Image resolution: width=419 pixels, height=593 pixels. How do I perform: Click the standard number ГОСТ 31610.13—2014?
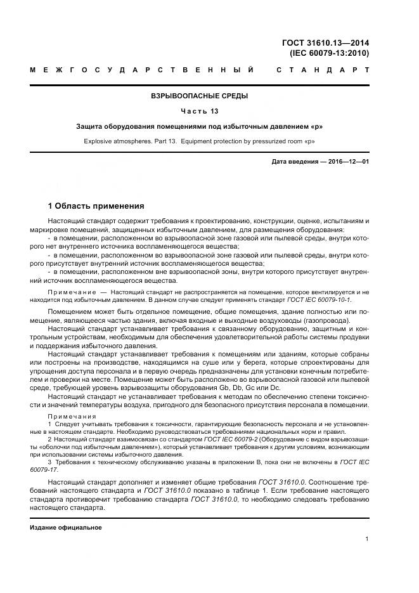[x=325, y=43]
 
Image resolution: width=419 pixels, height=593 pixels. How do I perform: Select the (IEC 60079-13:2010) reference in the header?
[x=329, y=53]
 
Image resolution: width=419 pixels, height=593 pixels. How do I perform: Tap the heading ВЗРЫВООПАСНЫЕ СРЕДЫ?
[x=199, y=96]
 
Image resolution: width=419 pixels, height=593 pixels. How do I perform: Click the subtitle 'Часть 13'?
[x=199, y=112]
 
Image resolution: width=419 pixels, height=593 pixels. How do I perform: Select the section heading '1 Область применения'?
[x=96, y=206]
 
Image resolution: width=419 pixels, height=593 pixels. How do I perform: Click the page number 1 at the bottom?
[x=367, y=538]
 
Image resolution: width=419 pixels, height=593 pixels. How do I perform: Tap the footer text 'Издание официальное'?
[x=66, y=527]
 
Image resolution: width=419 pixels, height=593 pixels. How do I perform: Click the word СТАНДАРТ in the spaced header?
[x=323, y=69]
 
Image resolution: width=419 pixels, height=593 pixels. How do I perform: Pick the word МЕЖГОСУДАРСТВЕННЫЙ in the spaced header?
[x=143, y=69]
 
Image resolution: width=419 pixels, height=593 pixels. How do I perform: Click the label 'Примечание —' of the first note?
[x=76, y=291]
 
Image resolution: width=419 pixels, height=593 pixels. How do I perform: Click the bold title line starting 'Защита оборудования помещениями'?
[x=199, y=127]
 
